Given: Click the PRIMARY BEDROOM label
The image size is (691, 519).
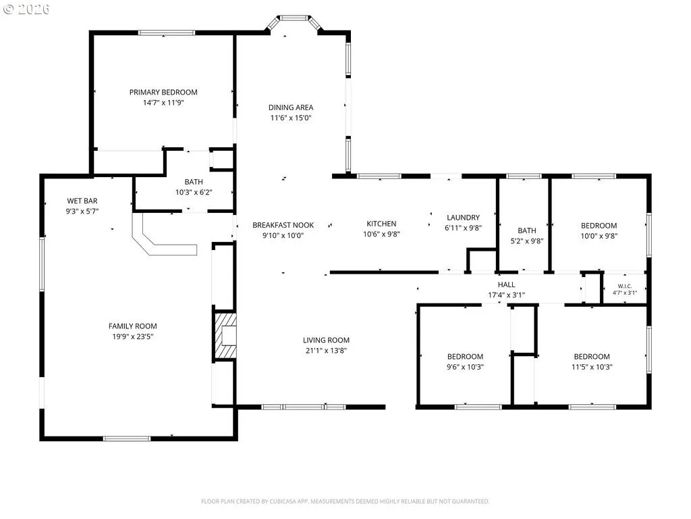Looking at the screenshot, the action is (x=163, y=92).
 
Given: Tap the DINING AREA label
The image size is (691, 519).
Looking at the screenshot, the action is (x=291, y=107).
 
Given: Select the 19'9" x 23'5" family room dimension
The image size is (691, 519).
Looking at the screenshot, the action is (x=133, y=337).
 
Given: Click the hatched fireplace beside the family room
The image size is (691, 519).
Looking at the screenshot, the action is (x=225, y=335).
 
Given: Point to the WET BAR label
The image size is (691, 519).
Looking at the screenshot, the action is (x=82, y=201).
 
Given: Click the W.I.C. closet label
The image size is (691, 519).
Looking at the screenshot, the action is (x=625, y=286).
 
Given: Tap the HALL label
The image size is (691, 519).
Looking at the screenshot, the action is (x=506, y=285).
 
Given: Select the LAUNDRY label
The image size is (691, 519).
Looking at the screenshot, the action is (x=463, y=218).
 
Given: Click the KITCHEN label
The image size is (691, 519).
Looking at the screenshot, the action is (x=382, y=224).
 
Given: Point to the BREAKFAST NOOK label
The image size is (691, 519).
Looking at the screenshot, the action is (x=283, y=225).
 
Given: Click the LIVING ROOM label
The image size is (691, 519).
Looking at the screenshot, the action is (x=326, y=341).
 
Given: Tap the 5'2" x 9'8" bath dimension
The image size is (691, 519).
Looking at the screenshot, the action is (x=527, y=241).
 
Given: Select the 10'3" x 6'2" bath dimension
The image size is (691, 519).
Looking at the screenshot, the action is (x=194, y=193).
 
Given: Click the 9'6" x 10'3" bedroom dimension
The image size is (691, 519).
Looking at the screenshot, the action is (x=466, y=367).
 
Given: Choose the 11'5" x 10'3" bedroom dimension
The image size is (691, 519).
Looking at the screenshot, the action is (x=592, y=367).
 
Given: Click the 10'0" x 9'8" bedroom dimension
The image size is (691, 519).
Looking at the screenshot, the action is (x=599, y=236).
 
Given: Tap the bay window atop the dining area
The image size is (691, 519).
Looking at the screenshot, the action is (x=294, y=18).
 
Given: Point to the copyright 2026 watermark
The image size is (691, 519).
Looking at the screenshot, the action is (x=26, y=9).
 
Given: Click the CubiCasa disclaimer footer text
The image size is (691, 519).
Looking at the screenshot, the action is (x=345, y=501).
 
